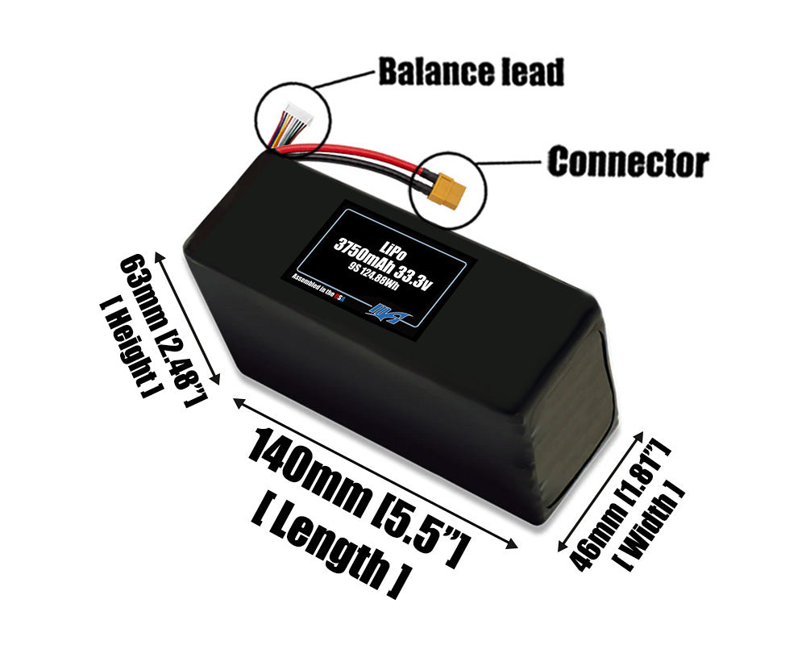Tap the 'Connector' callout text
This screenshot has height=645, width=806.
click(628, 162)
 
